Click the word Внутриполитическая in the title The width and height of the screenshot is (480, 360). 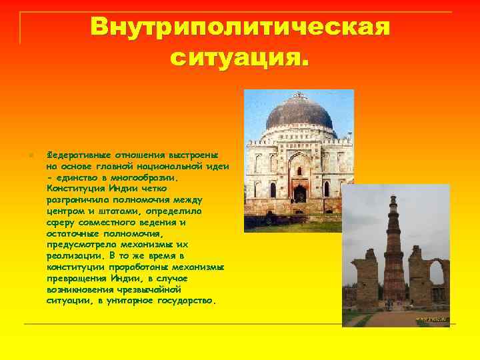click(240, 27)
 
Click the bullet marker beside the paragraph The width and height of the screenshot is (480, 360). click(22, 155)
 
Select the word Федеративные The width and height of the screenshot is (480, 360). click(75, 153)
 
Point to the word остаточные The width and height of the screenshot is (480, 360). click(74, 233)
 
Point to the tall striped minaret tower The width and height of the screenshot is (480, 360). click(394, 253)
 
